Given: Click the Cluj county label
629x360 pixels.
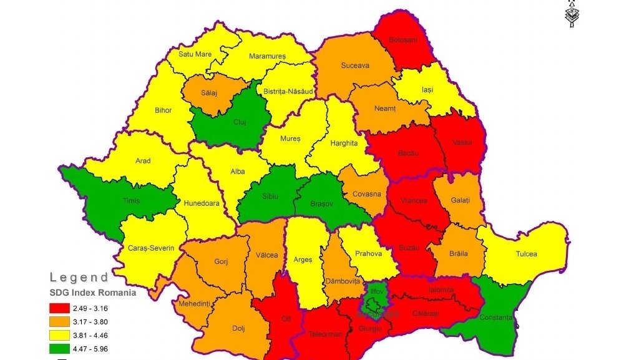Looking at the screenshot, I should pos(239,122).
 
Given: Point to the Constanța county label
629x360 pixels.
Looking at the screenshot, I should pos(497,318).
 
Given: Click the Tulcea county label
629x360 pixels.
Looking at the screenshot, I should pos(526,255).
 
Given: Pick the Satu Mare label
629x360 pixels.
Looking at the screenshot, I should pos(195,54).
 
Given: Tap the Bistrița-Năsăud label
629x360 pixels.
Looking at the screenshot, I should pos(288,92).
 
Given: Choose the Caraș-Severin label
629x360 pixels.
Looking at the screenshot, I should pos(150,248).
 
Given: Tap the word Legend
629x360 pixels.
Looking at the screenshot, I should pos(79,277).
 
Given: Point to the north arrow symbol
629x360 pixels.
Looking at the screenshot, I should pos(572,13).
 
